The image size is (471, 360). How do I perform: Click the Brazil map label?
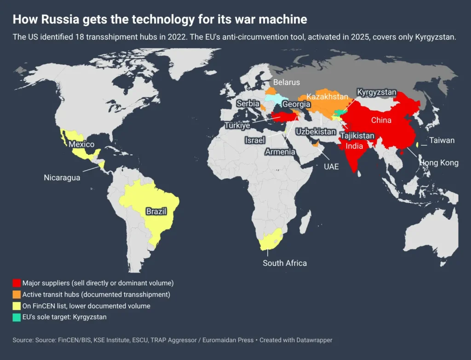[156, 211]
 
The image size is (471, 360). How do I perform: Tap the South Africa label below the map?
[284, 263]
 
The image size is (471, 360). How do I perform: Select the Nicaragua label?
[62, 177]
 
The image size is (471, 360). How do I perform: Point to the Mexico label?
[81, 144]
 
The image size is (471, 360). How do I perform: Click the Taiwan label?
[442, 140]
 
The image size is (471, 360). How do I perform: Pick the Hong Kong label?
[438, 163]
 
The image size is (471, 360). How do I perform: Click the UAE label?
[331, 166]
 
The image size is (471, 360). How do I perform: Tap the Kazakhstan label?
[327, 97]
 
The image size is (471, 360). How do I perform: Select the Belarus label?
[286, 82]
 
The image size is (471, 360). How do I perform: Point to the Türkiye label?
[237, 126]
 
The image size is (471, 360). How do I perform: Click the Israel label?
[255, 140]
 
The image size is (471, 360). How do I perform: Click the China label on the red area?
[381, 120]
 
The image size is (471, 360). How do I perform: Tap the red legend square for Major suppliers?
[17, 283]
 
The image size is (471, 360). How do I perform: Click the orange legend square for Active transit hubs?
[17, 294]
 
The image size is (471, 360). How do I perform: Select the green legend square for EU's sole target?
[17, 317]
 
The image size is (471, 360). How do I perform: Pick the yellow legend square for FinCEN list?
[17, 306]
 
